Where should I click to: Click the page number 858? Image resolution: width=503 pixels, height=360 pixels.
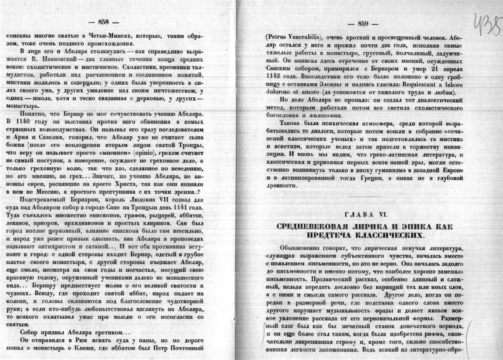click(104, 21)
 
